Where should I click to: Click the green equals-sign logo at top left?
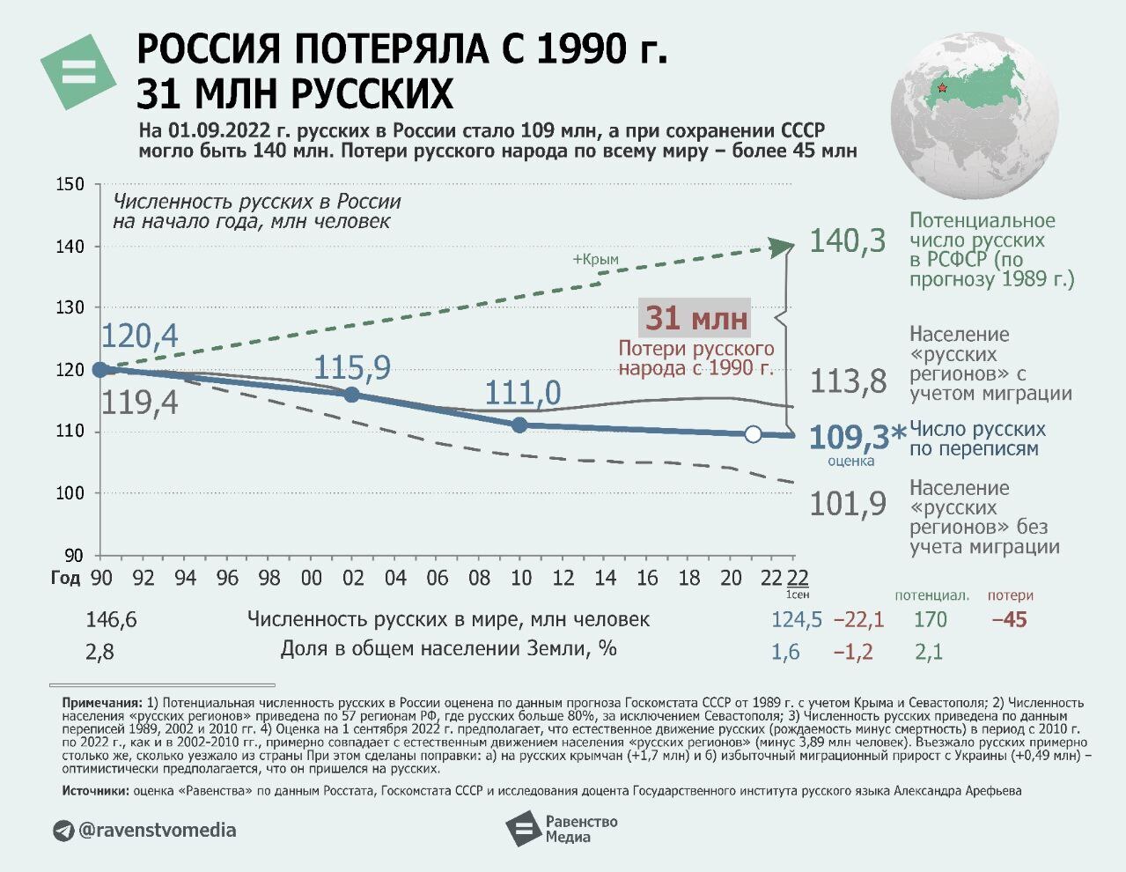point(77,71)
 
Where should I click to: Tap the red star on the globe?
point(942,87)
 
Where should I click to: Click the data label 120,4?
point(139,336)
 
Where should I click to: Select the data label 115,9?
point(352,367)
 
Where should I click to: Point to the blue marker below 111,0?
point(519,425)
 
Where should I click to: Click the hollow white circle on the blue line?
point(753,433)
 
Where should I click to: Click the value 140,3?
point(847,240)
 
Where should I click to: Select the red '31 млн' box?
point(695,318)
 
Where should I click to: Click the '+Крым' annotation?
point(595,260)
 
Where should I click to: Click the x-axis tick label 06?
point(437,578)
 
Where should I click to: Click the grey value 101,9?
point(848,504)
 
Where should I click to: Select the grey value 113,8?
point(848,381)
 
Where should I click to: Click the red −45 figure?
point(1009,620)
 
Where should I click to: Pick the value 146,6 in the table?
point(111,620)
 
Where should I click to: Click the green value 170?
point(930,620)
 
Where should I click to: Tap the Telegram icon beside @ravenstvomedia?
point(63,831)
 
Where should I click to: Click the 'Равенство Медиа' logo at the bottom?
point(561,829)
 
